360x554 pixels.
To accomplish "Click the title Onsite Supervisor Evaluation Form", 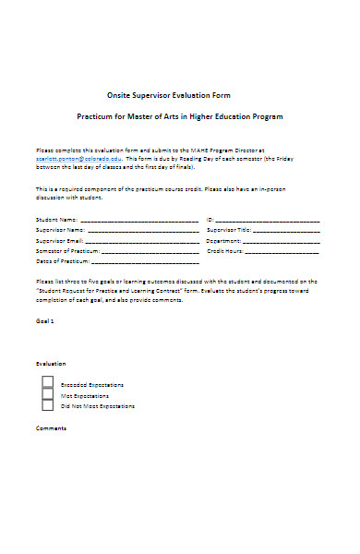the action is [x=179, y=95].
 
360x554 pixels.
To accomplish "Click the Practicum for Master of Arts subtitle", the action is [x=179, y=117].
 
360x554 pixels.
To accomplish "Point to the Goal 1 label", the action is [x=45, y=321].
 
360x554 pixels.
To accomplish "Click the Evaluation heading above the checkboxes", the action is [x=51, y=365].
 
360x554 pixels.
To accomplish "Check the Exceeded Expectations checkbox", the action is [x=47, y=382].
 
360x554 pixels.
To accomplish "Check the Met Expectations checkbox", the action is [x=47, y=393].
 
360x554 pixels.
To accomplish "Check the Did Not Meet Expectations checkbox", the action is [x=47, y=404].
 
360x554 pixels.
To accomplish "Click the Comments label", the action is [x=51, y=428].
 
